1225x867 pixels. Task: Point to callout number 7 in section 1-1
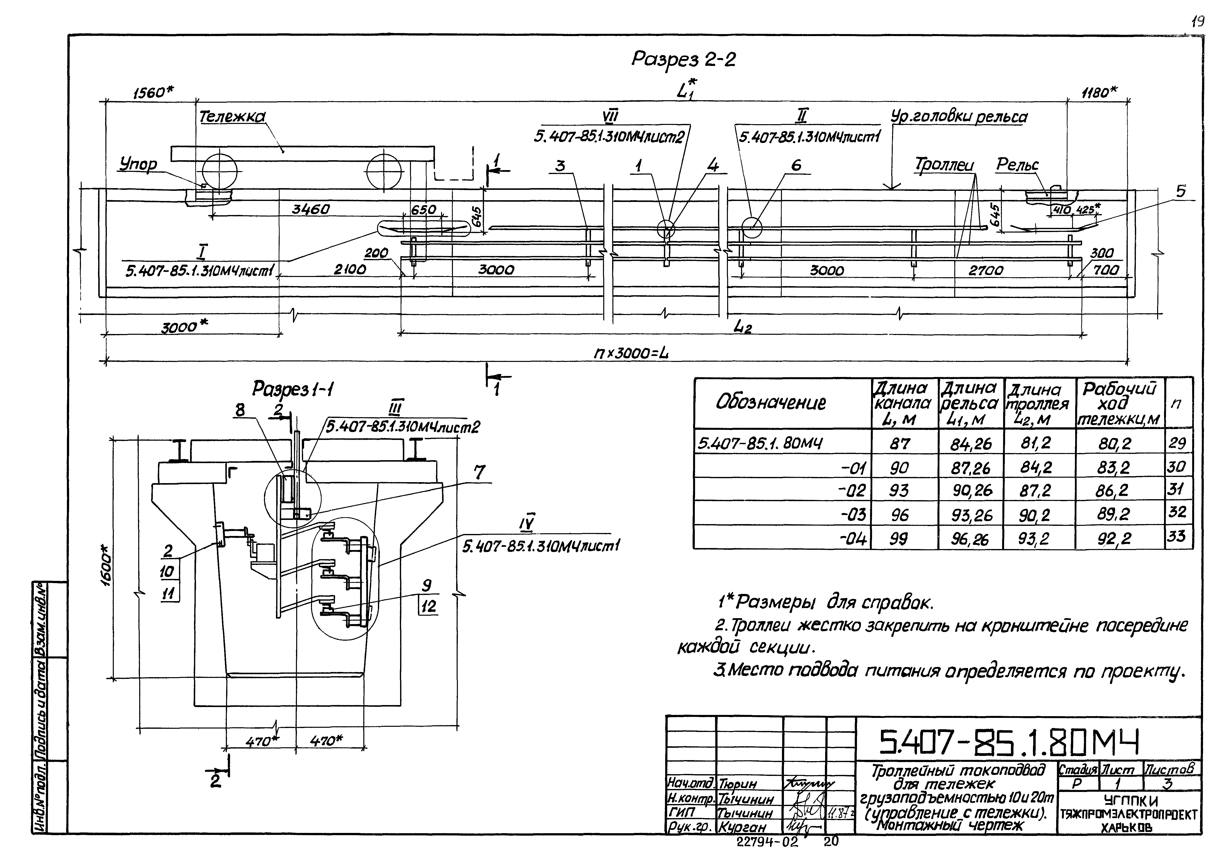(479, 472)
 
